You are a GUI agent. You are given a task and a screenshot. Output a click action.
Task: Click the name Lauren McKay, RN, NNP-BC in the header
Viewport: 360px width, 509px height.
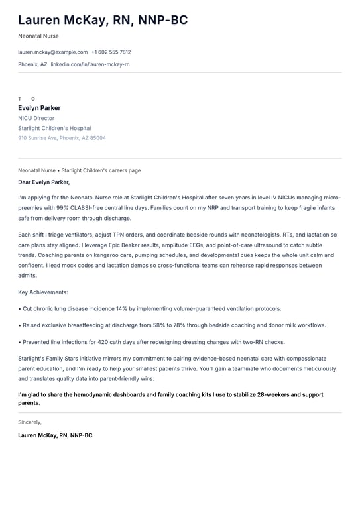(103, 20)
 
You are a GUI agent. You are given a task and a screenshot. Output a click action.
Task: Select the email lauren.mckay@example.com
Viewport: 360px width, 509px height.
(52, 52)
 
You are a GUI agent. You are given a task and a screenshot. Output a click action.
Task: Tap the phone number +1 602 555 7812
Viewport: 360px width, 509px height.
(111, 52)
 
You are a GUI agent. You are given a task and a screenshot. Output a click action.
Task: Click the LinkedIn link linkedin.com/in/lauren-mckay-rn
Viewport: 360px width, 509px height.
(90, 64)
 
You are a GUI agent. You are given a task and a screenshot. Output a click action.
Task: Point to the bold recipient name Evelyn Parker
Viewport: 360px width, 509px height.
(39, 108)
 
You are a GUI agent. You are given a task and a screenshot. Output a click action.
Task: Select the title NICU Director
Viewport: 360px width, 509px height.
(36, 118)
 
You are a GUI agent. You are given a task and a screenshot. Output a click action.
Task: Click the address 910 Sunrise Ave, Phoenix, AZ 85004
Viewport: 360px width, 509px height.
(62, 138)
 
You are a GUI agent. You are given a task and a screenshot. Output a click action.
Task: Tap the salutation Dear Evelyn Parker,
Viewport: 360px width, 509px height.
(44, 182)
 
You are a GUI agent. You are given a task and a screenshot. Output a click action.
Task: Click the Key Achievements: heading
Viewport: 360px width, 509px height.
(42, 292)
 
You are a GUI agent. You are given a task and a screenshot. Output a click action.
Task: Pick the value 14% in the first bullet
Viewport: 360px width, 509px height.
(121, 308)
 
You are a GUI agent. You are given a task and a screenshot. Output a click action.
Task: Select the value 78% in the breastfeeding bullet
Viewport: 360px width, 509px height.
(179, 325)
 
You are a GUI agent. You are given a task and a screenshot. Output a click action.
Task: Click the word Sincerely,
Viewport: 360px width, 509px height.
(30, 422)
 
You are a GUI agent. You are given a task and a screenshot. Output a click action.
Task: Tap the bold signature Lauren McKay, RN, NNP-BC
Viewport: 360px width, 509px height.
(55, 435)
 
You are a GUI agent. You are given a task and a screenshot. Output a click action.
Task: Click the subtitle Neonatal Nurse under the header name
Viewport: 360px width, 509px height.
(38, 36)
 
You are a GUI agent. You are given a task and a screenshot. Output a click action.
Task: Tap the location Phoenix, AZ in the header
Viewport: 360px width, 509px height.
(32, 64)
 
